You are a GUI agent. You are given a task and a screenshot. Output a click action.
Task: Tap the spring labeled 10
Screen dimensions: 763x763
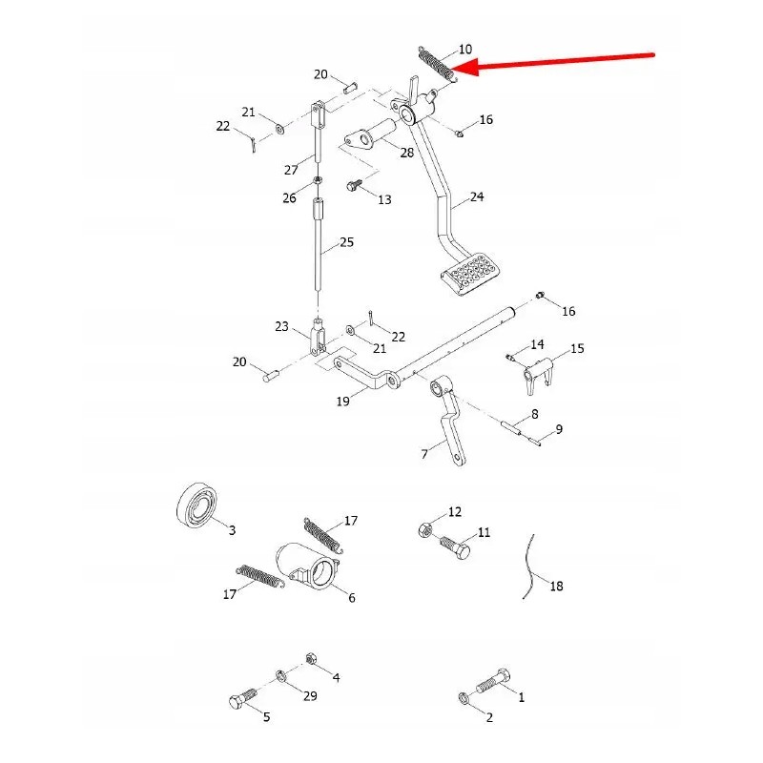tap(438, 64)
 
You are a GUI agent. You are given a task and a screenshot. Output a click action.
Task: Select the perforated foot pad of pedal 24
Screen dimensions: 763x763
tap(470, 274)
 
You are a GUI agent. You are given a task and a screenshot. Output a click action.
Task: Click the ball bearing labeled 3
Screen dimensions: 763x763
tap(196, 505)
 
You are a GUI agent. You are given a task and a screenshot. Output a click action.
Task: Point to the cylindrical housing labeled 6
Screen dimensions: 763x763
tap(308, 566)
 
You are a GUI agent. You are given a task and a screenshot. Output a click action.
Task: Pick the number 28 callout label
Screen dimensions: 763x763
tap(407, 153)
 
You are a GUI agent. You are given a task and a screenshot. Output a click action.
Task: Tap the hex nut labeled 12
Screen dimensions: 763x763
tap(424, 529)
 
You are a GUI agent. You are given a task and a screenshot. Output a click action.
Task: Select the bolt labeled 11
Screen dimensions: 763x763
tap(456, 547)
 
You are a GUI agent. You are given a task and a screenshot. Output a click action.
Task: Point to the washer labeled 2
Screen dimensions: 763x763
tap(464, 698)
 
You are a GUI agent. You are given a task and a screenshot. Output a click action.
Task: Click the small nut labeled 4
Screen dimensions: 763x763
tap(311, 659)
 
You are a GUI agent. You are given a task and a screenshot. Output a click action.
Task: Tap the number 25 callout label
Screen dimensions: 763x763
tap(346, 242)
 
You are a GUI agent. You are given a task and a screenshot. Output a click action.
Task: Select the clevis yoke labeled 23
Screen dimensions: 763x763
tap(318, 336)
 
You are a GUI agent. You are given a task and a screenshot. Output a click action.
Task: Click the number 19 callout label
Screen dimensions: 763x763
tap(342, 401)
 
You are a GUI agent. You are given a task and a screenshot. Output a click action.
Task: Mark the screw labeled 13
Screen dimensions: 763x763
tap(354, 185)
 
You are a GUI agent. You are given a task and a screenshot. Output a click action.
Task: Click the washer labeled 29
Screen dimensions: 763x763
tap(280, 675)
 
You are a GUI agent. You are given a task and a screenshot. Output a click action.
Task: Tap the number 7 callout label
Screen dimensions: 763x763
tap(424, 454)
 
